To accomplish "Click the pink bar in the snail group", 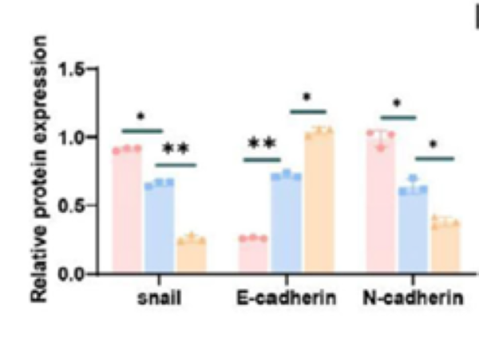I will pos(126,212).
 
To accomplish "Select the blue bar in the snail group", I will pos(158,228).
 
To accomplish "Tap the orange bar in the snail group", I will pos(191,255).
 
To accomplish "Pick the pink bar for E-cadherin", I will pos(253,255).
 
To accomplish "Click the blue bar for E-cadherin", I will pos(285,224).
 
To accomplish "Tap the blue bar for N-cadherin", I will pos(413,231).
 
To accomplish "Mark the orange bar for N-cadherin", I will pos(445,247).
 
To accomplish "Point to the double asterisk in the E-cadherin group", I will pos(262,144).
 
